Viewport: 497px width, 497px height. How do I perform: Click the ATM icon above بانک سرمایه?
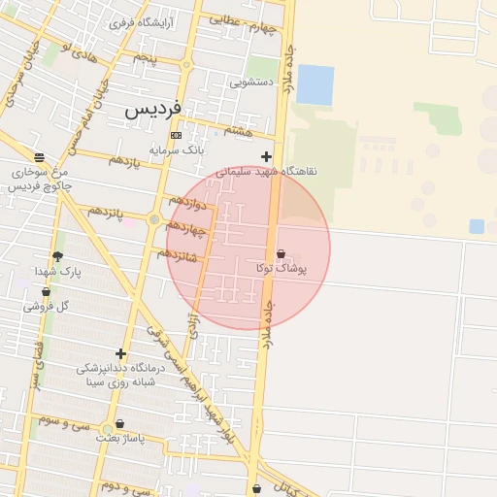coord(176,135)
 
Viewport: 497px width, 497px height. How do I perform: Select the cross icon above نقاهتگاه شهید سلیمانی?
coord(266,156)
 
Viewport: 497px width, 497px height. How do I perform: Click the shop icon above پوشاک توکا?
coord(281,254)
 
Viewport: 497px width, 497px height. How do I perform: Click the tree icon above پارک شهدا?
coord(57,257)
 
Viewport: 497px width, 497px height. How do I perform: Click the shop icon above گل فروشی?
coord(46,291)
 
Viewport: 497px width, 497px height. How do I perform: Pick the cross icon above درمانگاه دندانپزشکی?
coord(120,354)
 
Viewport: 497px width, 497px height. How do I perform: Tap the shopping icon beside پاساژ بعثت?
coord(119,424)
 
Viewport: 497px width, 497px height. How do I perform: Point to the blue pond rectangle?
coord(315,84)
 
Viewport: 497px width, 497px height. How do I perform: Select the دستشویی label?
coord(250,83)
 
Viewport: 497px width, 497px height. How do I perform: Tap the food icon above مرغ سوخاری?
coord(38,157)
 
